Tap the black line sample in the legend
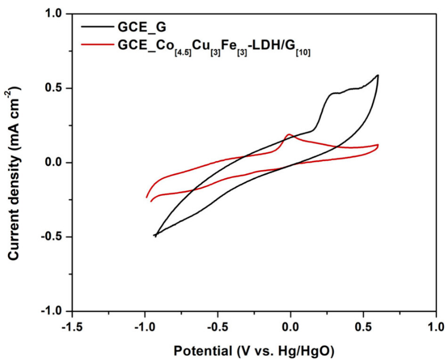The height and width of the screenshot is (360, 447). pos(99,26)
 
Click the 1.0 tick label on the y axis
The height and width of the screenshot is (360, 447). pos(55,13)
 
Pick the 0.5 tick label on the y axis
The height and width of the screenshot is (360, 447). pos(55,88)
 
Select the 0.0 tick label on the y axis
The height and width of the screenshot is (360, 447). pos(55,162)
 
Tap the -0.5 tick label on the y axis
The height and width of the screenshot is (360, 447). pos(53,236)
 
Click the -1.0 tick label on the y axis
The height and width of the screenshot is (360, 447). pos(53,311)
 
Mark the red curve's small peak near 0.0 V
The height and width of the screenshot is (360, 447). pos(289,135)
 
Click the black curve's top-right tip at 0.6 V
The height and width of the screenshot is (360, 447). pos(378,75)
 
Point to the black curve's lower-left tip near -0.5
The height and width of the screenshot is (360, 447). pos(155,235)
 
